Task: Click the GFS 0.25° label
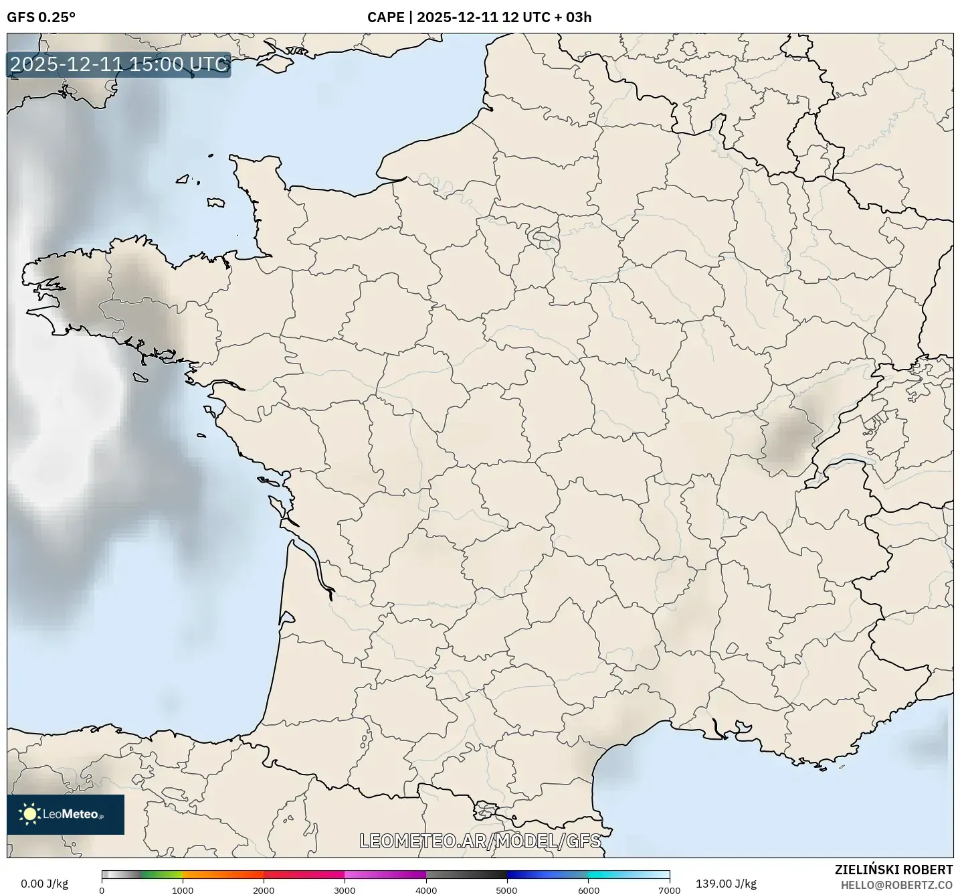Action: click(41, 17)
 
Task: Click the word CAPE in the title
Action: click(385, 17)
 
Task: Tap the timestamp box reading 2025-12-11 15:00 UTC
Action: click(119, 65)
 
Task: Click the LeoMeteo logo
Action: click(66, 814)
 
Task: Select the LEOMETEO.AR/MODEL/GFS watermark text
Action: click(480, 841)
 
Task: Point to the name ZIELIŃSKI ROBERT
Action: click(894, 870)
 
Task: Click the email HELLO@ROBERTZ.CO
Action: click(896, 885)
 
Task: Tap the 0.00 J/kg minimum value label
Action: click(44, 884)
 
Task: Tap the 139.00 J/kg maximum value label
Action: click(726, 884)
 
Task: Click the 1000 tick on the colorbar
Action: click(183, 890)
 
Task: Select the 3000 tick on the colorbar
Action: click(345, 890)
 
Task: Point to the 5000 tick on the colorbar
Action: click(507, 890)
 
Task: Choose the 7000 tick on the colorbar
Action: click(669, 890)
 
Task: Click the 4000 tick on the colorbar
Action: click(426, 890)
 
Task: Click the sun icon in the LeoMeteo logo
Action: click(29, 814)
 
